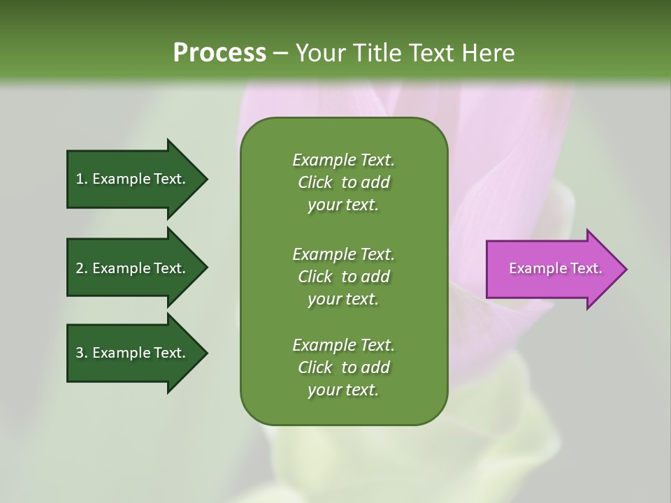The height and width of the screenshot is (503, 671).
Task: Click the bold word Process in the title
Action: pos(219,53)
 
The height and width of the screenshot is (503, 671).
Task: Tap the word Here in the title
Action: pos(489,53)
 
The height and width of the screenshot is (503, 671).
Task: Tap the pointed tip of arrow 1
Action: pos(205,179)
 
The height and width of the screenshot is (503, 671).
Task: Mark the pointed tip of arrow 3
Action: pos(205,353)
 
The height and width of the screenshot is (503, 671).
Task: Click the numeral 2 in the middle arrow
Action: pos(80,268)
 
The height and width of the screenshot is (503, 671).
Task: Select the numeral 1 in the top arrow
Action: pos(80,179)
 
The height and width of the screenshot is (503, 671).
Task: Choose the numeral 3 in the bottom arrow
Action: pos(80,353)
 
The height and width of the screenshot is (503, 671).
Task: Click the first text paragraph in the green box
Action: pos(343,182)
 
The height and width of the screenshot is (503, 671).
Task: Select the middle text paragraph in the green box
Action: pos(343,276)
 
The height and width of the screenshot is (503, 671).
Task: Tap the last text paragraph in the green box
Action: pos(343,367)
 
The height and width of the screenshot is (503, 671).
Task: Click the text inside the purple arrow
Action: pos(555,268)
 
